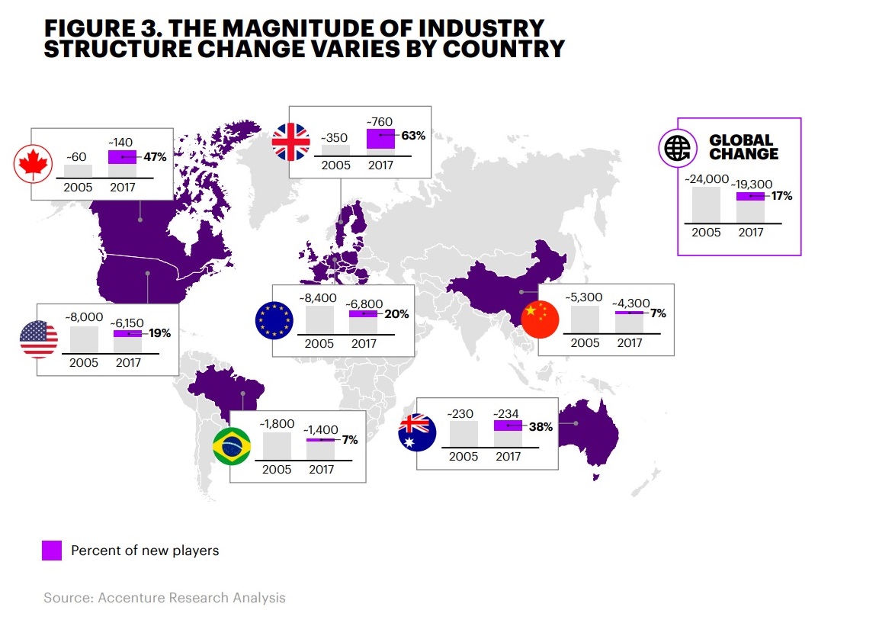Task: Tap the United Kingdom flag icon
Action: (x=292, y=142)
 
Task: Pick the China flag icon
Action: (x=541, y=320)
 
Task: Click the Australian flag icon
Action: (x=417, y=433)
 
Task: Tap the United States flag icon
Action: (x=39, y=339)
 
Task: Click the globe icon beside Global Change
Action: (x=678, y=147)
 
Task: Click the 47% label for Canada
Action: (x=155, y=158)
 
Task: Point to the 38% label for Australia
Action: (x=541, y=427)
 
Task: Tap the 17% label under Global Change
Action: (x=781, y=196)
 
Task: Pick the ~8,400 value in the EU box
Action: (x=318, y=298)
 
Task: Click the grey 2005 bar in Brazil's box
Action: (x=277, y=446)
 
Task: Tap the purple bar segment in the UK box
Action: (x=380, y=140)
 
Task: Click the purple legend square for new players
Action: (x=52, y=551)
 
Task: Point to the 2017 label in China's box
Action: (x=629, y=342)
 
